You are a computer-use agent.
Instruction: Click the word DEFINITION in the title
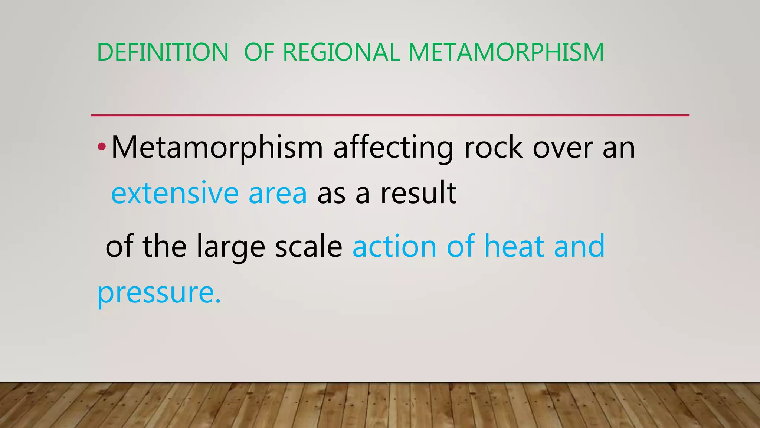[x=163, y=52]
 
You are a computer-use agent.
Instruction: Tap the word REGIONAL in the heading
[x=341, y=52]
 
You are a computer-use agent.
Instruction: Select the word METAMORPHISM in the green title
[x=506, y=52]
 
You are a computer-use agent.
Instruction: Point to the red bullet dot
[x=102, y=147]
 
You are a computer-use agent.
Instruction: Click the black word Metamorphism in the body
[x=217, y=147]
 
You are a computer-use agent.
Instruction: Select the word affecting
[x=393, y=147]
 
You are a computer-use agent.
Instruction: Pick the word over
[x=563, y=147]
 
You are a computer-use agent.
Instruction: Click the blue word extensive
[x=174, y=193]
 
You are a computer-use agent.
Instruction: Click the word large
[x=230, y=247]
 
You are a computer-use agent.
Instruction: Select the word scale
[x=308, y=247]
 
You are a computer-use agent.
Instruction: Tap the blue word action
[x=394, y=247]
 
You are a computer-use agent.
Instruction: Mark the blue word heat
[x=514, y=246]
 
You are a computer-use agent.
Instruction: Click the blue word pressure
[x=159, y=293]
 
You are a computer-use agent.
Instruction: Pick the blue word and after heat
[x=579, y=246]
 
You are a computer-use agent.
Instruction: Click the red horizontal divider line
[x=390, y=116]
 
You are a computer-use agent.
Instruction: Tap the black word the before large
[x=164, y=246]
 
